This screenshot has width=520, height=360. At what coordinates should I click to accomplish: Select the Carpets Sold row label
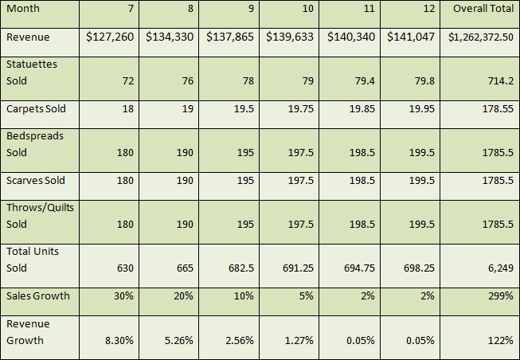(x=36, y=108)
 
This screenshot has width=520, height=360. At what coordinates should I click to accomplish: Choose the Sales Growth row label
(x=37, y=295)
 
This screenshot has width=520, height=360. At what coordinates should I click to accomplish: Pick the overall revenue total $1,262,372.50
(x=482, y=37)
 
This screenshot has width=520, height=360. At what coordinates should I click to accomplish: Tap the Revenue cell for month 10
(x=290, y=37)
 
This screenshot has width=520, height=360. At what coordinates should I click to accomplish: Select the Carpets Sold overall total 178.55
(x=496, y=109)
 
